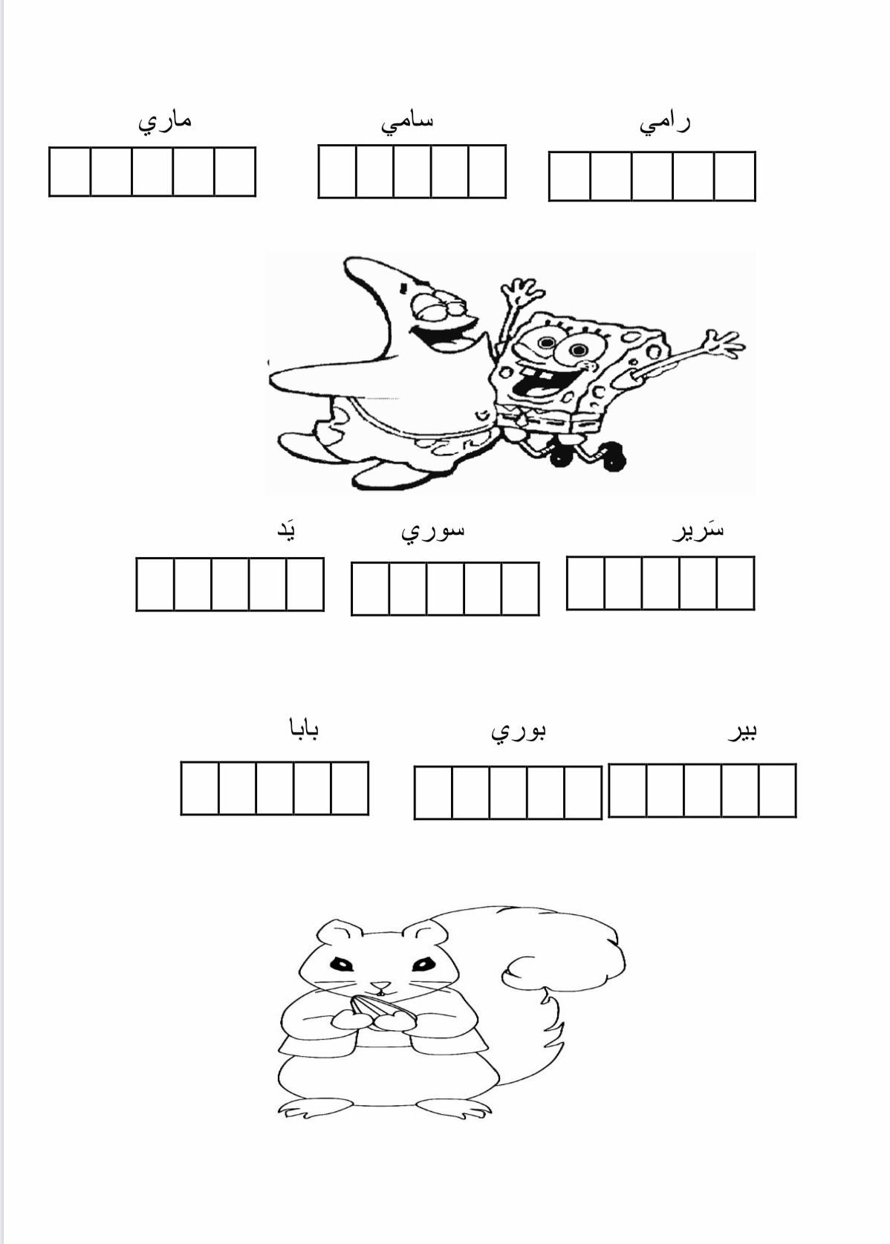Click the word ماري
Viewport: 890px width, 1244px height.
click(164, 123)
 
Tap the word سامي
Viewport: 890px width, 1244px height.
click(406, 123)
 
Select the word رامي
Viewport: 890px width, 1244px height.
click(664, 124)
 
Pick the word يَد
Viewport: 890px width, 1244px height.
click(286, 531)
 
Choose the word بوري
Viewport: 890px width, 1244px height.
click(519, 732)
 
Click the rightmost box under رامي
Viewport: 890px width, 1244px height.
click(735, 176)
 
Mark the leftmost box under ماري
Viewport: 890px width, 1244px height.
click(69, 172)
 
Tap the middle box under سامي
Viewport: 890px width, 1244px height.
click(412, 171)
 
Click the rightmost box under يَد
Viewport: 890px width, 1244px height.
click(305, 584)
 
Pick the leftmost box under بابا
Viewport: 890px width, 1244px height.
click(200, 788)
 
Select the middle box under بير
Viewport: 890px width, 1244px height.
click(702, 790)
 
